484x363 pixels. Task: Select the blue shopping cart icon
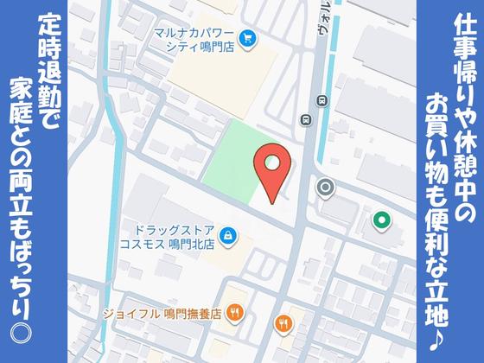pos(248,37)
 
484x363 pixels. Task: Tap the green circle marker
pos(379,220)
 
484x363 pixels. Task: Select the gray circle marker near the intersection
pos(326,187)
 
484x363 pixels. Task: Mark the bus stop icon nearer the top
pos(322,99)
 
